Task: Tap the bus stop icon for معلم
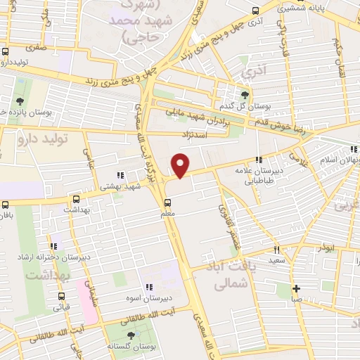(x=176, y=200)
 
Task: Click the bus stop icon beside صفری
(x=6, y=51)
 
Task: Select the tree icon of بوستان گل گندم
(x=244, y=94)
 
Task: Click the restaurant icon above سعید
(x=276, y=250)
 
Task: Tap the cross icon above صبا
(x=296, y=288)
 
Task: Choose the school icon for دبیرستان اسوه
(x=148, y=287)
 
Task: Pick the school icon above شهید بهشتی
(x=120, y=175)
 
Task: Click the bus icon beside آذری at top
(x=255, y=11)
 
